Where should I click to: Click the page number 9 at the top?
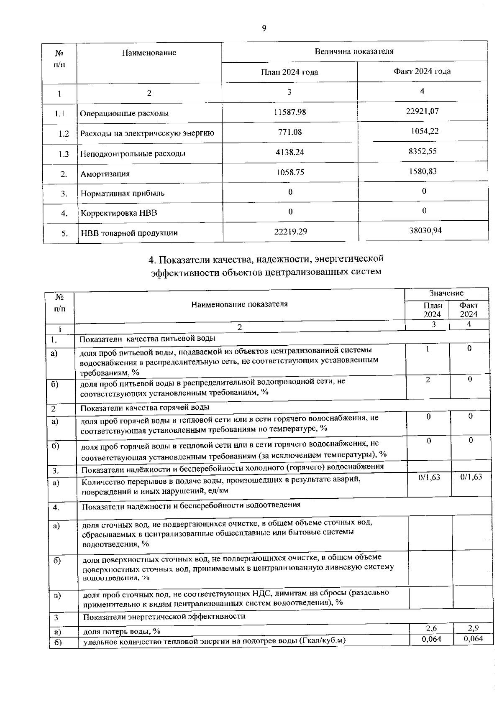[x=264, y=28]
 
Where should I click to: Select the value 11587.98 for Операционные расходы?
[x=290, y=112]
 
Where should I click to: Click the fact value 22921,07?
[x=422, y=111]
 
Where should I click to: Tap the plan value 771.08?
[x=290, y=132]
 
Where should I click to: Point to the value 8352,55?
[x=423, y=151]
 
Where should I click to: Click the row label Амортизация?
[x=105, y=174]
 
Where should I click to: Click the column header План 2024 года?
[x=289, y=72]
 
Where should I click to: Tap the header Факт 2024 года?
[x=422, y=71]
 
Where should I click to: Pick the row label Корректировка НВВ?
[x=119, y=213]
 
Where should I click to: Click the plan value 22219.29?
[x=290, y=231]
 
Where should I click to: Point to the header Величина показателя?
[x=353, y=51]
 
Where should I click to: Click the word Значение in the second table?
[x=446, y=293]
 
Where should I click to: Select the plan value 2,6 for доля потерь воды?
[x=431, y=628]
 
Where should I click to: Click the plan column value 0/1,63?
[x=429, y=477]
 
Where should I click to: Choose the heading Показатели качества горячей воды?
[x=145, y=407]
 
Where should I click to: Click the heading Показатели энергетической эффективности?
[x=164, y=617]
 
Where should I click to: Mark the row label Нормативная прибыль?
[x=122, y=193]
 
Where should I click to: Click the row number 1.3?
[x=64, y=154]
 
